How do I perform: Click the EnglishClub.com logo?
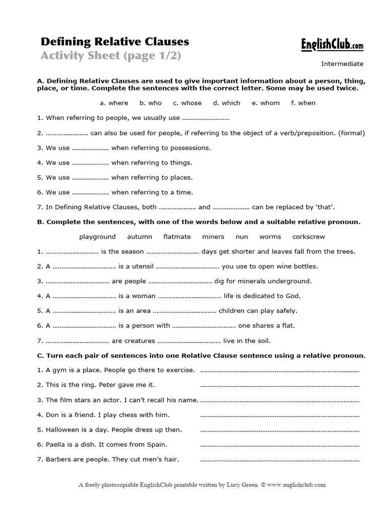(332, 45)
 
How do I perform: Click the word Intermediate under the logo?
(342, 64)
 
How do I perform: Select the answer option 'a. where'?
(114, 103)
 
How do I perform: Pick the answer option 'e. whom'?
(266, 103)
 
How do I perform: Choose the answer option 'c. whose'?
(187, 103)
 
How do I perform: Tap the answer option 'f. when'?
(303, 103)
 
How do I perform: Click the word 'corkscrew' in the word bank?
(309, 236)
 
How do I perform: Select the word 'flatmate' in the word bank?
(177, 236)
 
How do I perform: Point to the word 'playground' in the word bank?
(97, 236)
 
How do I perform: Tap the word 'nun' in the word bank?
(242, 236)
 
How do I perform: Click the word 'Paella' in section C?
(55, 444)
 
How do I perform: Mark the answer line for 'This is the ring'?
(279, 385)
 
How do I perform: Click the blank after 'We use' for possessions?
(90, 149)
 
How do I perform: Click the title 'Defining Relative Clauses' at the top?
(115, 41)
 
